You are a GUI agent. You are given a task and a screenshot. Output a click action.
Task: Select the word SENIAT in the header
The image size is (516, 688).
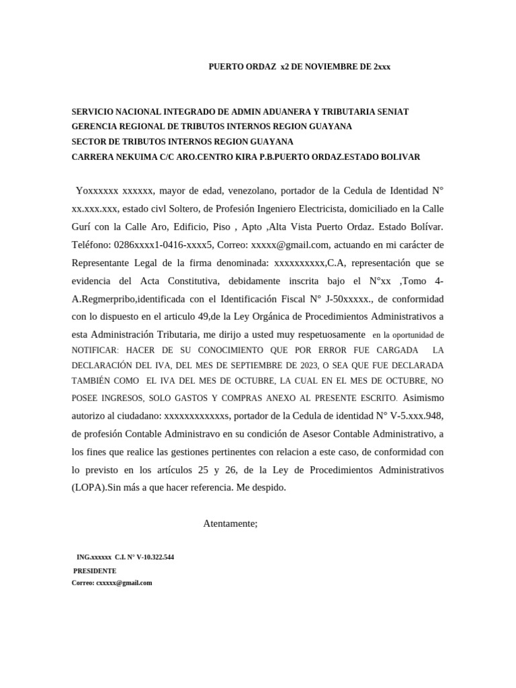[x=392, y=111]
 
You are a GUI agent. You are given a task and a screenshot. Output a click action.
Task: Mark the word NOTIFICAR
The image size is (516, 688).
[x=95, y=350]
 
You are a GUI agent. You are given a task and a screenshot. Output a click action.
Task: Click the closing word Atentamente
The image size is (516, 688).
[x=230, y=523]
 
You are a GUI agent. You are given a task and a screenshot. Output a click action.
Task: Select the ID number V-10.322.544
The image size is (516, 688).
[x=155, y=558]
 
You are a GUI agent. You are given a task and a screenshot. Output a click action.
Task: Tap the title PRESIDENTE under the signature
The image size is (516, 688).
[x=95, y=570]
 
